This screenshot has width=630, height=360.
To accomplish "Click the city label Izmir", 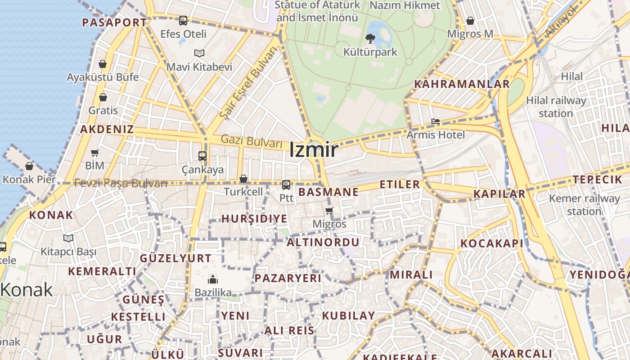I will [313, 149].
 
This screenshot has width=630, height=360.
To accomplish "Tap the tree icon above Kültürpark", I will [370, 38].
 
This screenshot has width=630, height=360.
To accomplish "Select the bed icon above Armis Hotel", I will [435, 121].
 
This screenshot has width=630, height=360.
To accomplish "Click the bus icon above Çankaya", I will [202, 156].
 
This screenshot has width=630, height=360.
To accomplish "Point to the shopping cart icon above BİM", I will [94, 153].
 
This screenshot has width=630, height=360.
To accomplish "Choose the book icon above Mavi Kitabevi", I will [199, 54].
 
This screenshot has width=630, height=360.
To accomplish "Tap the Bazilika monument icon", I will [213, 279].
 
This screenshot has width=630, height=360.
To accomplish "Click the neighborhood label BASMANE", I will [328, 192].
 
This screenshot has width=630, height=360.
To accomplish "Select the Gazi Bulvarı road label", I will [251, 141].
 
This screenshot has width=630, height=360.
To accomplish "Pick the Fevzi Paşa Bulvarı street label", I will [121, 183].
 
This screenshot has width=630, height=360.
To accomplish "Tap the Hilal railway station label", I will [556, 107].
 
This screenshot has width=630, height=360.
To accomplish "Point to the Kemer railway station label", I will [584, 205].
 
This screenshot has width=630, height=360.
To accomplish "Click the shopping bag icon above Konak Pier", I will [29, 166].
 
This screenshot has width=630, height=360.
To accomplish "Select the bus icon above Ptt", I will [286, 184].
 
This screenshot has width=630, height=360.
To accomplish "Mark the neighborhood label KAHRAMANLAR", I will [462, 84].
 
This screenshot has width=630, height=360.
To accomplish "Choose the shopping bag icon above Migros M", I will [470, 21].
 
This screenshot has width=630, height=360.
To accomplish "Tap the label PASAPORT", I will [114, 22].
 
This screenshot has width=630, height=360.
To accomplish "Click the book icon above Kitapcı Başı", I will [68, 238].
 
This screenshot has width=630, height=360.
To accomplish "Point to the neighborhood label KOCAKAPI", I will [492, 243].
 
